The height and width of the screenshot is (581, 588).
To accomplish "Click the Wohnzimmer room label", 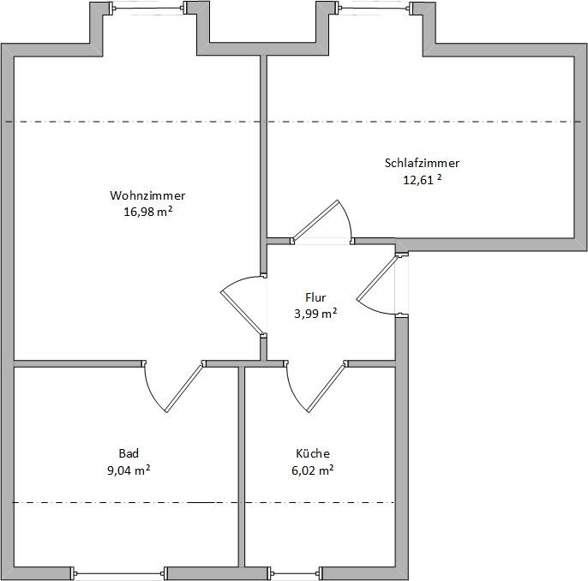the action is (x=147, y=195).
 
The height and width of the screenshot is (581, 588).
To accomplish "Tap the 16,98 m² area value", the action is (x=148, y=212).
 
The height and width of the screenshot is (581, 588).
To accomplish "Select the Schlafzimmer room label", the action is (x=422, y=163).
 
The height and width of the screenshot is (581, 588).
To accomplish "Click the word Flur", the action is (x=315, y=297).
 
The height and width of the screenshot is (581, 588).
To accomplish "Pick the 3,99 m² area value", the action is (x=315, y=314).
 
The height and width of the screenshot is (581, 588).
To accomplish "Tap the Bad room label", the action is (x=129, y=453).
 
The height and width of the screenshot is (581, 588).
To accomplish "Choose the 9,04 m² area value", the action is (x=129, y=470).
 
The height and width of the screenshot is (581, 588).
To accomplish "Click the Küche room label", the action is (x=313, y=453).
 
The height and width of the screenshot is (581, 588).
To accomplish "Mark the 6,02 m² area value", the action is (x=313, y=470).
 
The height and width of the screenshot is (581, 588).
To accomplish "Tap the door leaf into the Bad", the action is (x=184, y=387).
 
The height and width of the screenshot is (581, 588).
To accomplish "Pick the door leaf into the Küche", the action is (x=327, y=387).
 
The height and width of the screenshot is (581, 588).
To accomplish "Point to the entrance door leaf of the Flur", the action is (x=376, y=278).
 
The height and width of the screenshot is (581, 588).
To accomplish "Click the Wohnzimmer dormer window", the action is (x=148, y=8).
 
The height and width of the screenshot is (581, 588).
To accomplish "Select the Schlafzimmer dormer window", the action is (x=375, y=8).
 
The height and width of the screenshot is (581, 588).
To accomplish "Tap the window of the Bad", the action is (x=119, y=573).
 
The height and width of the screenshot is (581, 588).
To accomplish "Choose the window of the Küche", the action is (x=295, y=573).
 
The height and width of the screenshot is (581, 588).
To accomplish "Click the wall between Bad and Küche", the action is (x=242, y=467).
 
